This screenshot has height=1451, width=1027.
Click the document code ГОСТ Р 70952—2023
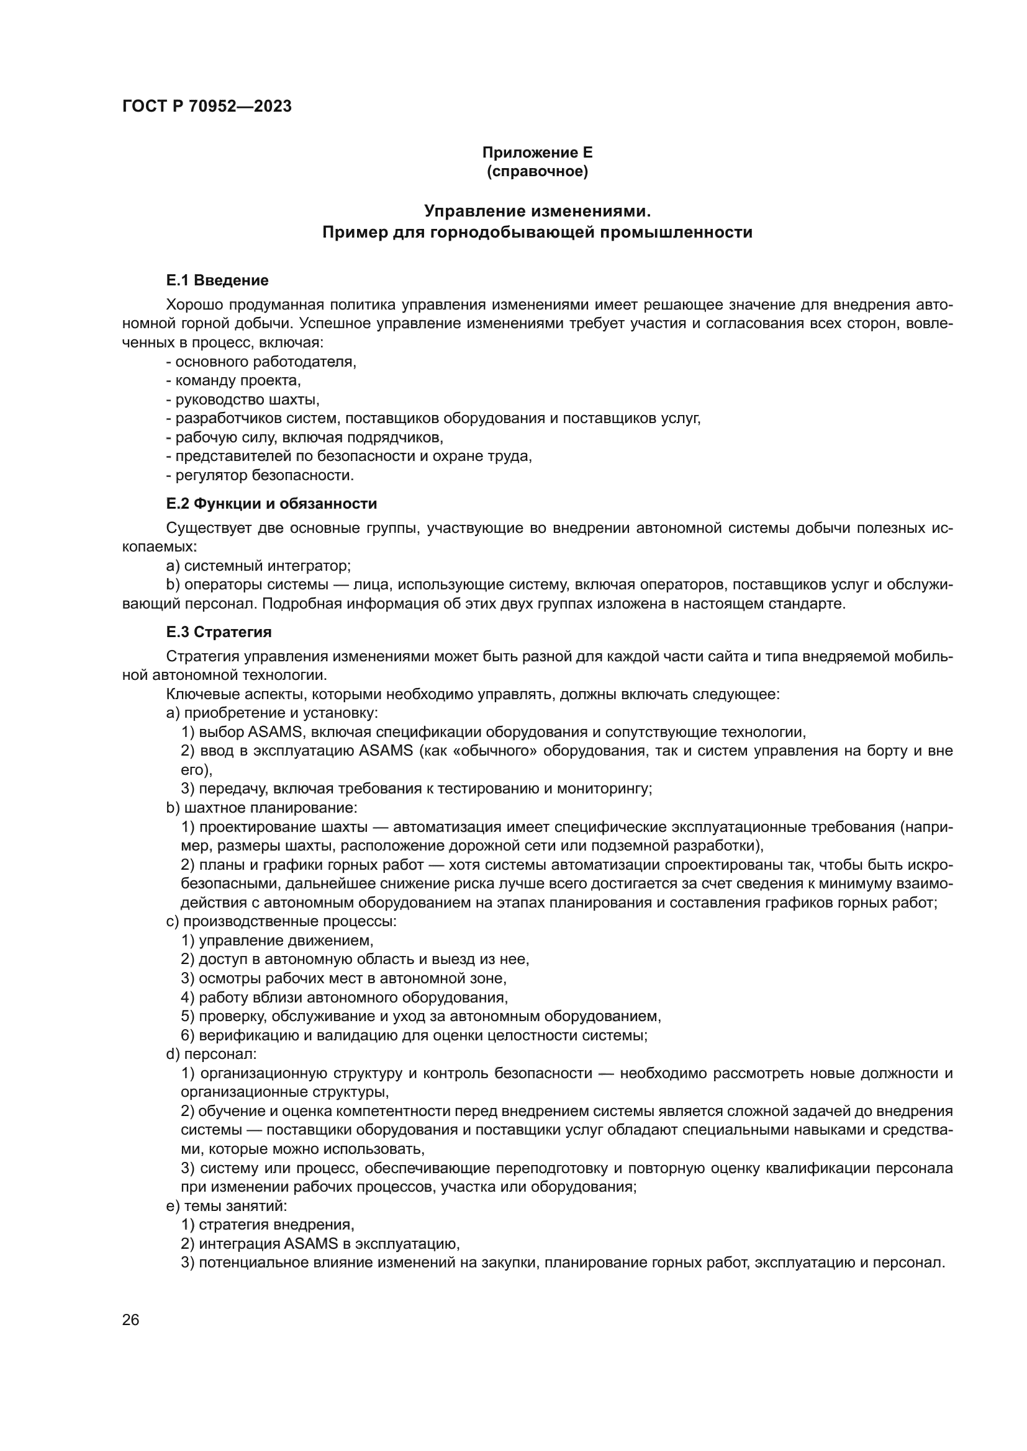pyautogui.click(x=207, y=106)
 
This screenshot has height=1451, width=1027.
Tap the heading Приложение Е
pyautogui.click(x=537, y=153)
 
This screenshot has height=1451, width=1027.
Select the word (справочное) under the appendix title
pyautogui.click(x=537, y=171)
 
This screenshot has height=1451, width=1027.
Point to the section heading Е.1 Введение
pyautogui.click(x=217, y=280)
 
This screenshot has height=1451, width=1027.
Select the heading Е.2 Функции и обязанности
pyautogui.click(x=271, y=504)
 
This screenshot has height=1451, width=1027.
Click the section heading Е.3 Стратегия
pyautogui.click(x=219, y=632)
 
